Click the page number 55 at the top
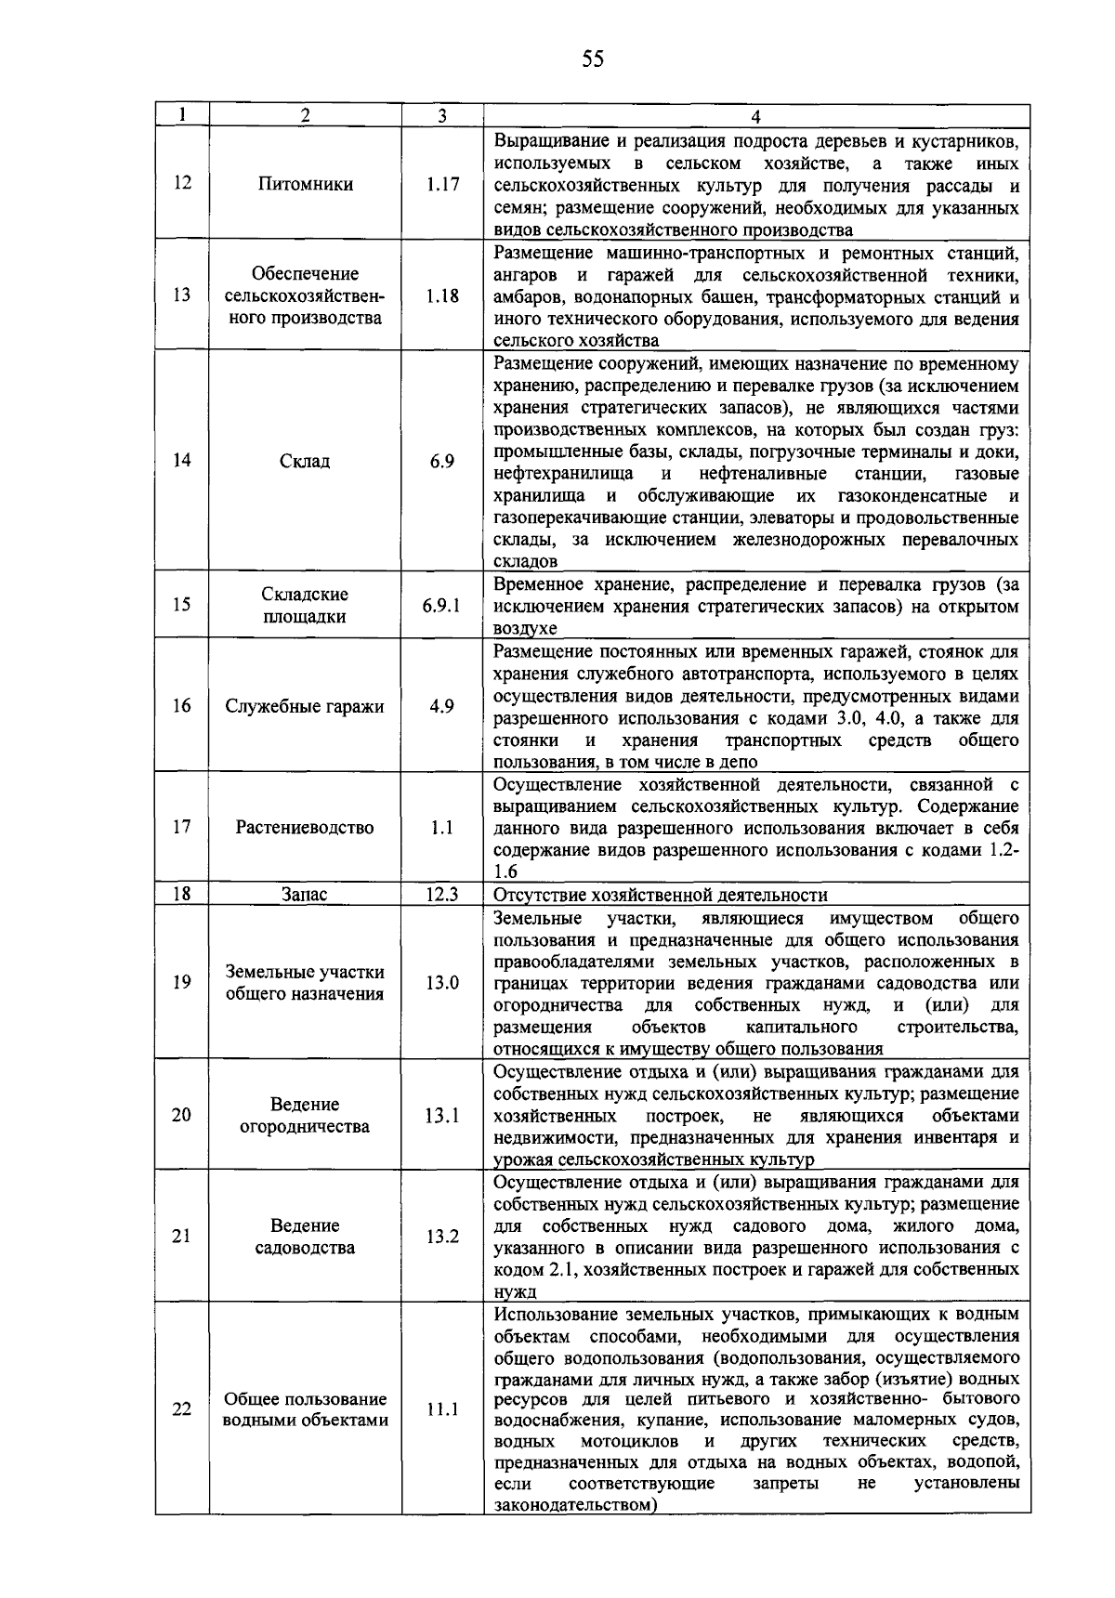coord(593,60)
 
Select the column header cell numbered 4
coord(756,115)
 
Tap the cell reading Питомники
coord(305,184)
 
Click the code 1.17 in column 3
coord(442,184)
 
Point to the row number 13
coord(182,295)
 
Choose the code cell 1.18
coord(442,296)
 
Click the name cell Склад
coord(305,461)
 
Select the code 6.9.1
coord(442,605)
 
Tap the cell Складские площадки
coord(305,606)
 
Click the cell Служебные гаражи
coord(305,706)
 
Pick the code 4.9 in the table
coord(442,706)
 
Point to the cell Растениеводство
coord(305,828)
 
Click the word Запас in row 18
coord(305,895)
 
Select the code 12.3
coord(442,895)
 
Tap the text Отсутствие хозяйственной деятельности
coord(661,895)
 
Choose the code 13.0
coord(442,982)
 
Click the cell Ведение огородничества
coord(305,1115)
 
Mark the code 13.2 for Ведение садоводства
coord(442,1237)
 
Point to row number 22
coord(182,1409)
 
